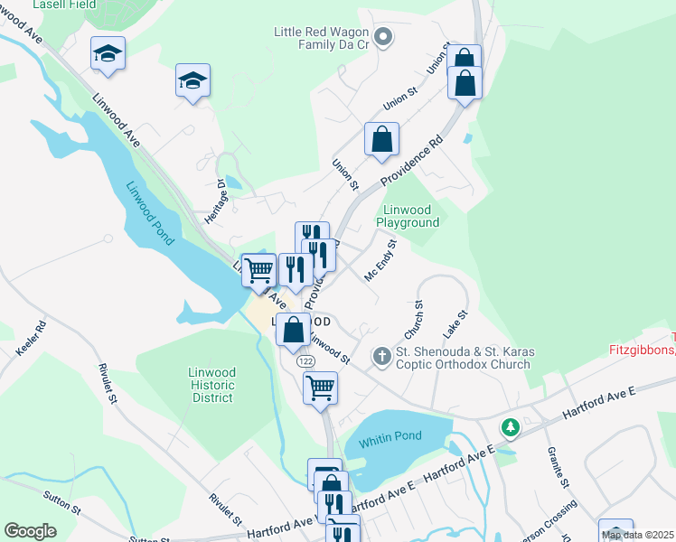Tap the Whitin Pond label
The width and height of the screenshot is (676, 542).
(x=390, y=436)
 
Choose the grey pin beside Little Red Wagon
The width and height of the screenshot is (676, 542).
(x=382, y=37)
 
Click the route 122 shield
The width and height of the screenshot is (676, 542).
(x=304, y=360)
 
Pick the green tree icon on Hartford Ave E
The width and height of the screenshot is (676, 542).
(x=511, y=426)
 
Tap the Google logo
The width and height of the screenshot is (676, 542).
(x=30, y=531)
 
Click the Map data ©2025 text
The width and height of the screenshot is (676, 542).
(x=637, y=535)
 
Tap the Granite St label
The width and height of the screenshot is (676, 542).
(x=558, y=466)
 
